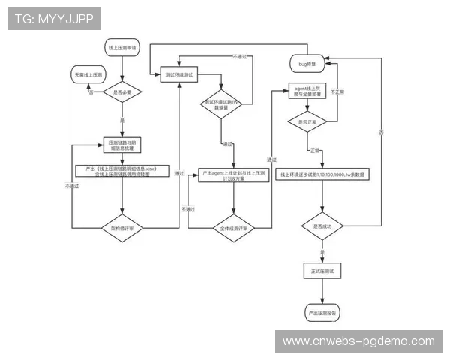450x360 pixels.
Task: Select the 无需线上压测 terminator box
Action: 90,76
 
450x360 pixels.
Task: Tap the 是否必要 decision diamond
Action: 122,92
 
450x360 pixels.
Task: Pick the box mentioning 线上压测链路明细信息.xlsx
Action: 122,172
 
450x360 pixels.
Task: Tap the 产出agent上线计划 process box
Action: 233,177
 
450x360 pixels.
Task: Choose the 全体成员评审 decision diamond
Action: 234,227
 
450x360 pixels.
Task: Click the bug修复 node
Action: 308,65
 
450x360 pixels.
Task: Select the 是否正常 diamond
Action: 308,121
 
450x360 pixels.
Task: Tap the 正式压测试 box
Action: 322,270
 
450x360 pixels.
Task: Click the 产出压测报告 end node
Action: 322,310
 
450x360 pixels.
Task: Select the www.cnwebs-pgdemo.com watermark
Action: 358,341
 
